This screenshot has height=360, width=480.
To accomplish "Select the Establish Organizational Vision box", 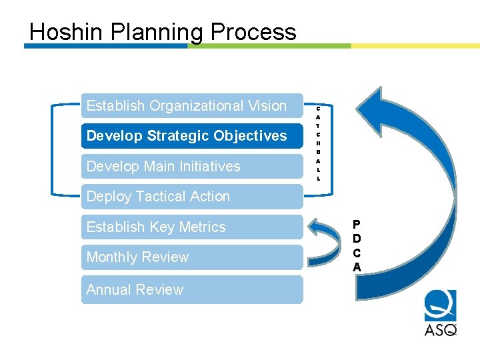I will [192, 105].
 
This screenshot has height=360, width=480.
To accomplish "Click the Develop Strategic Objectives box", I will [192, 136].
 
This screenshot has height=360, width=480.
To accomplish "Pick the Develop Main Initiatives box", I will [192, 166].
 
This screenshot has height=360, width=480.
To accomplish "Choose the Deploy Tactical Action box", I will [192, 197].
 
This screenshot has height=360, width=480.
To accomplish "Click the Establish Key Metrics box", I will [192, 227].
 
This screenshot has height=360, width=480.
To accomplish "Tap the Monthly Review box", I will [192, 257].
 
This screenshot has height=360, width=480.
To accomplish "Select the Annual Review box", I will [192, 290].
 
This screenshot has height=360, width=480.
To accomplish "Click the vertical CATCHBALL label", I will [318, 143].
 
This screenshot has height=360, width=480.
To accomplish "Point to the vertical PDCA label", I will [357, 245].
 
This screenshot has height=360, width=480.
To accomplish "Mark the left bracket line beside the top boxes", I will [53, 150].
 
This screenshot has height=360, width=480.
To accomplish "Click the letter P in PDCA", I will [357, 225].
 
